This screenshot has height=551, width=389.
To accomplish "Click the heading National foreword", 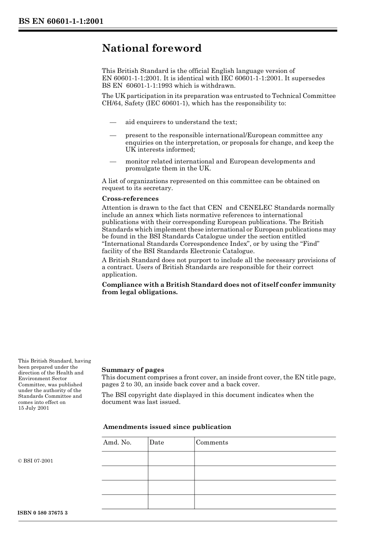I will pos(152,48).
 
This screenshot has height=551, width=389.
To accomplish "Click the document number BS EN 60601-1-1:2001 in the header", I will pos(61,21).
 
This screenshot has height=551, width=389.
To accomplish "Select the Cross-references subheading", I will pos(130,199).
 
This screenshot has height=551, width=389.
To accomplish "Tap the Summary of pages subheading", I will pos(133,370).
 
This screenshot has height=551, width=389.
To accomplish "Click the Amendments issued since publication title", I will pos(167,427).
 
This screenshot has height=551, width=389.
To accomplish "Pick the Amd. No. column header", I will pos(117,442).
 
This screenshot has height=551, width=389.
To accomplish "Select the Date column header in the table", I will pos(156,442).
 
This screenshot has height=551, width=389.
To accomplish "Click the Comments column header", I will pos(212,442).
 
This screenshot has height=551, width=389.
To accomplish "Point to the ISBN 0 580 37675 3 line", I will pos(43,513).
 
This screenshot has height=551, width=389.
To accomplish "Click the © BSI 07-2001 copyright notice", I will pos(36,461).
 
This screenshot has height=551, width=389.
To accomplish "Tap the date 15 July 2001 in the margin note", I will pos(34,408).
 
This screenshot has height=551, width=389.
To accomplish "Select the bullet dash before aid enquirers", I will pos(113,122).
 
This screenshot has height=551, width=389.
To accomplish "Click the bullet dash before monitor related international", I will pos(113,161).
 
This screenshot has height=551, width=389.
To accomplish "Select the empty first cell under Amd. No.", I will pos(125,458).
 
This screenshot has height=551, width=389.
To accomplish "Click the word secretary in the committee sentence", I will pos(157,188).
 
